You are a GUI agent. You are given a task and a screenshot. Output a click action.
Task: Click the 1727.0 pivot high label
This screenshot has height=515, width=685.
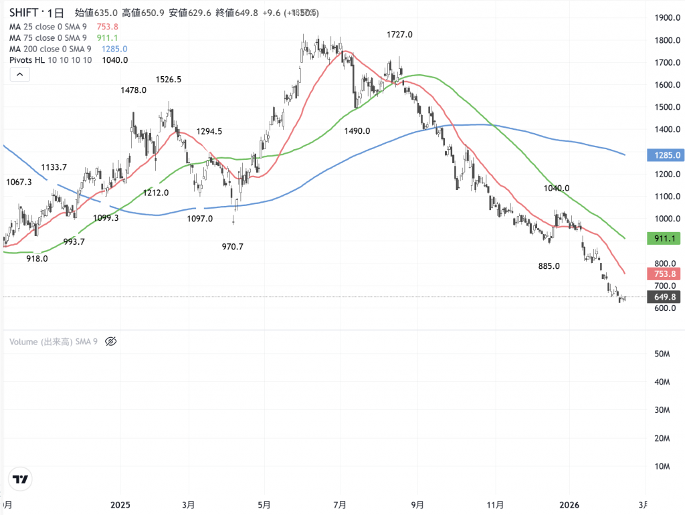pos(399,35)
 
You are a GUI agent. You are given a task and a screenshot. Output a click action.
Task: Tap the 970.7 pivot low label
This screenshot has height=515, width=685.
pos(232,247)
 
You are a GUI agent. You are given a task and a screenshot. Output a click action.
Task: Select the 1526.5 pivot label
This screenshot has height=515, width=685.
pos(168,79)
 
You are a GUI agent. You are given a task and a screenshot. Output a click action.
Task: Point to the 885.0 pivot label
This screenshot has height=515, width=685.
pos(549,266)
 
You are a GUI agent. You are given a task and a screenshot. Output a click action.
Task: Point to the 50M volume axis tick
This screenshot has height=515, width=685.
pos(662,353)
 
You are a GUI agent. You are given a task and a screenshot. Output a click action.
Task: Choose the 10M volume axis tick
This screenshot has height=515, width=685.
pos(662,466)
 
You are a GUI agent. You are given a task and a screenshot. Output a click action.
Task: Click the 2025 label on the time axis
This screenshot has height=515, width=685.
pos(120,504)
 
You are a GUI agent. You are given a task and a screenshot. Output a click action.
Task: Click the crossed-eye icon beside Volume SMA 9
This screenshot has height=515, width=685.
pos(111,341)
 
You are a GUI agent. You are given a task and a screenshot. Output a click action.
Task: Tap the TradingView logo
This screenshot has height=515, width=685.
pos(21,479)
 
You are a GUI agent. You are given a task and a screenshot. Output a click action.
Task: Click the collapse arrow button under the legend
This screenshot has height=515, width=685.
pos(20,75)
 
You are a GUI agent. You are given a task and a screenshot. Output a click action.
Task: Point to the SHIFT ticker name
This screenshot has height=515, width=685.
pos(26,13)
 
